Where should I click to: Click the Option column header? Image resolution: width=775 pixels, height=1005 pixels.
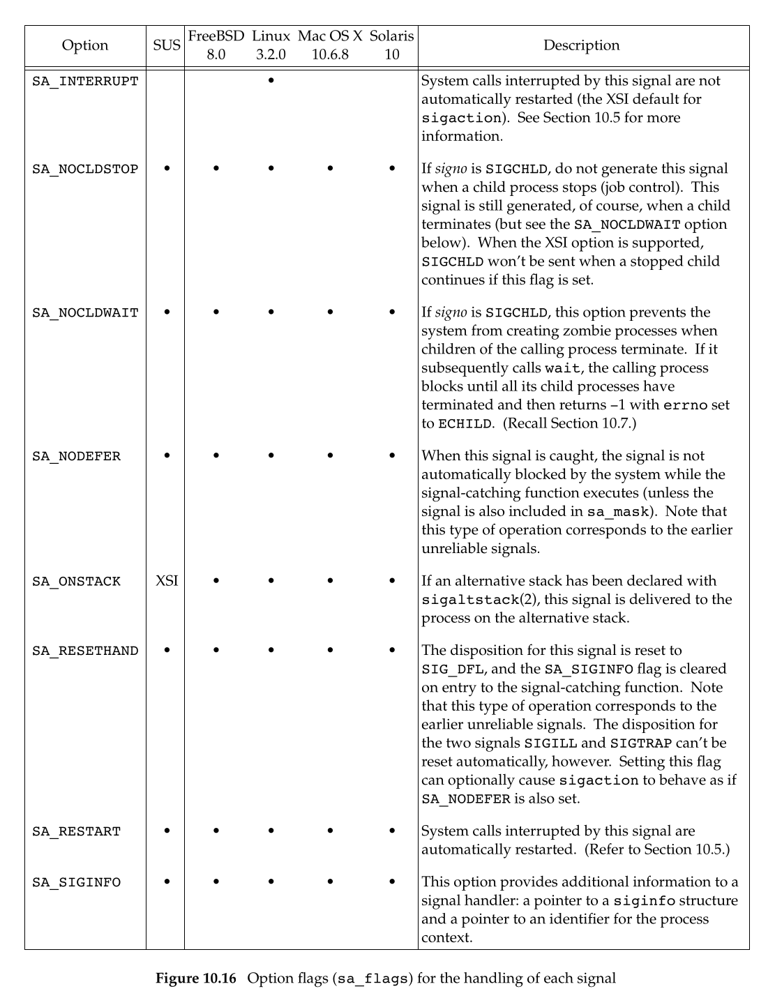(85, 46)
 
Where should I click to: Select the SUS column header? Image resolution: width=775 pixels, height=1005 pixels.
(167, 46)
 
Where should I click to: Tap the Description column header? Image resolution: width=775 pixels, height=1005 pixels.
(581, 46)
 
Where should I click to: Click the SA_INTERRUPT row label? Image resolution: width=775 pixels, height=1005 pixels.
(85, 82)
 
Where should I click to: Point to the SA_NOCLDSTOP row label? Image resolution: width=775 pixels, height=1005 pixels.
(85, 169)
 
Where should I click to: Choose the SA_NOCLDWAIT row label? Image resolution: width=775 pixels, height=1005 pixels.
(85, 313)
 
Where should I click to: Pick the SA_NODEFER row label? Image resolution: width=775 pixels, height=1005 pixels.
(76, 457)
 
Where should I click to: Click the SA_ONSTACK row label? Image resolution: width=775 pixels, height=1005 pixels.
(76, 582)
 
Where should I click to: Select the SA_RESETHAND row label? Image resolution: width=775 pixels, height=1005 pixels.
(85, 651)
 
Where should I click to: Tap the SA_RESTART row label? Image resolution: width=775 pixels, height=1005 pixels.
(76, 832)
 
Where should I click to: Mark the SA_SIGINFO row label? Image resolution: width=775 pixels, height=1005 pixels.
(76, 883)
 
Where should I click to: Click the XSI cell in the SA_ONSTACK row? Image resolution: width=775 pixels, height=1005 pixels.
(167, 581)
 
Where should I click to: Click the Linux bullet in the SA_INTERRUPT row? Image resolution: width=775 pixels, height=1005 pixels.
(271, 81)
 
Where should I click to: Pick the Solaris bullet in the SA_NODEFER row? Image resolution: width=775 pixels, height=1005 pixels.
(392, 456)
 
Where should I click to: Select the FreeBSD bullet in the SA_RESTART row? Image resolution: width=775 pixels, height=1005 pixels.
(216, 831)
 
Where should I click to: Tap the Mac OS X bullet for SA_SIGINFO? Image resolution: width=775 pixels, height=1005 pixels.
(330, 882)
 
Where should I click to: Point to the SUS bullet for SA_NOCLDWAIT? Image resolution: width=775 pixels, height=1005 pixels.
(167, 312)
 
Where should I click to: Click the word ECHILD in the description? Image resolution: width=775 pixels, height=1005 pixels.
(465, 424)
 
